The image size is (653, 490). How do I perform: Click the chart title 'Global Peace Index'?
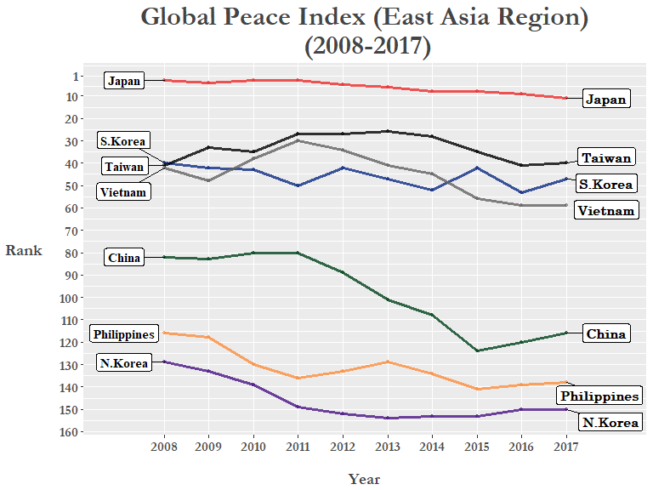364,17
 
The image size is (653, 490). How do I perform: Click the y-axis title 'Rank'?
24,250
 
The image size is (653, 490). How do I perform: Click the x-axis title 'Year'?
364,479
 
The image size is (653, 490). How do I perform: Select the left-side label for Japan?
124,81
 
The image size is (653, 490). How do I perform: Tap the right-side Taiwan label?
606,157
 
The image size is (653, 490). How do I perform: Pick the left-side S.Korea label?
123,140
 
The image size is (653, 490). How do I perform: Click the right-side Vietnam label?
605,210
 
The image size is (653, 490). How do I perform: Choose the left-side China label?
124,258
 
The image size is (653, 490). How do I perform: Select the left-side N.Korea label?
124,363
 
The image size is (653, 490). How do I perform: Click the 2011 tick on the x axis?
298,446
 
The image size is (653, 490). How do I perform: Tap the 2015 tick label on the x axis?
476,446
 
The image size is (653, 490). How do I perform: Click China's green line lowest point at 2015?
476,350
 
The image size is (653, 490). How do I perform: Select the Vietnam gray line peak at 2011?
298,140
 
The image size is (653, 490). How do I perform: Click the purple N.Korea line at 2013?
387,418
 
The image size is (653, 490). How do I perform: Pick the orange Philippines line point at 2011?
298,378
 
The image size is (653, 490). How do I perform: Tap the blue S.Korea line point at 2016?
521,193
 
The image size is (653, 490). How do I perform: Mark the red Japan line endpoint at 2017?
565,98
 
